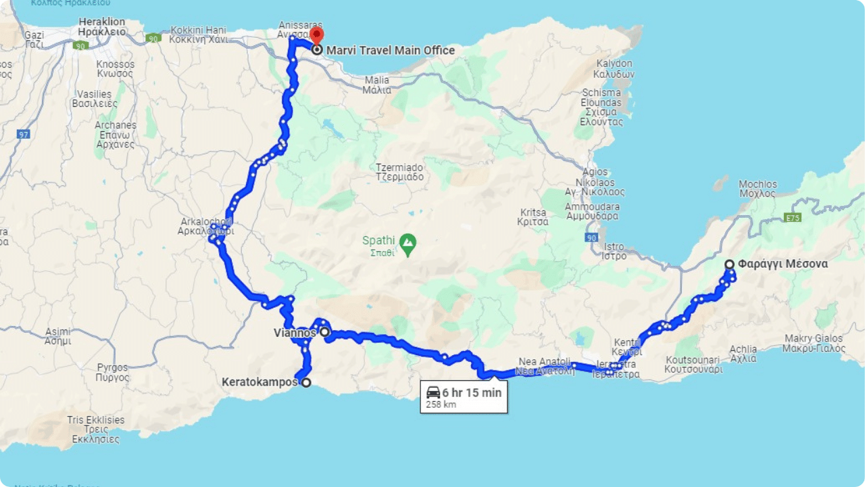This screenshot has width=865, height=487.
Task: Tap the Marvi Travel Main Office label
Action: pos(391,50)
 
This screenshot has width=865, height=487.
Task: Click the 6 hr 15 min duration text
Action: pos(472,392)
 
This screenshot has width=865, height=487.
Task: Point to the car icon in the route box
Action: pos(433,392)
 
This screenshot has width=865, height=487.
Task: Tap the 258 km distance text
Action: pos(441,405)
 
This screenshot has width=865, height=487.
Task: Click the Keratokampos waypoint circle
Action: pos(305,383)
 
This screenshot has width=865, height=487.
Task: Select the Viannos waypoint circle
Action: pos(324,332)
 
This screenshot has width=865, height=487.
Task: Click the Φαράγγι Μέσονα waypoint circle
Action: pos(729,264)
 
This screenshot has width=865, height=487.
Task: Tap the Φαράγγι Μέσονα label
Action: pos(783,264)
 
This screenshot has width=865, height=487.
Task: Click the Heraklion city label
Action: pos(102,26)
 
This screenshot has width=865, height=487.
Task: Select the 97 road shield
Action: pos(24,134)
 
